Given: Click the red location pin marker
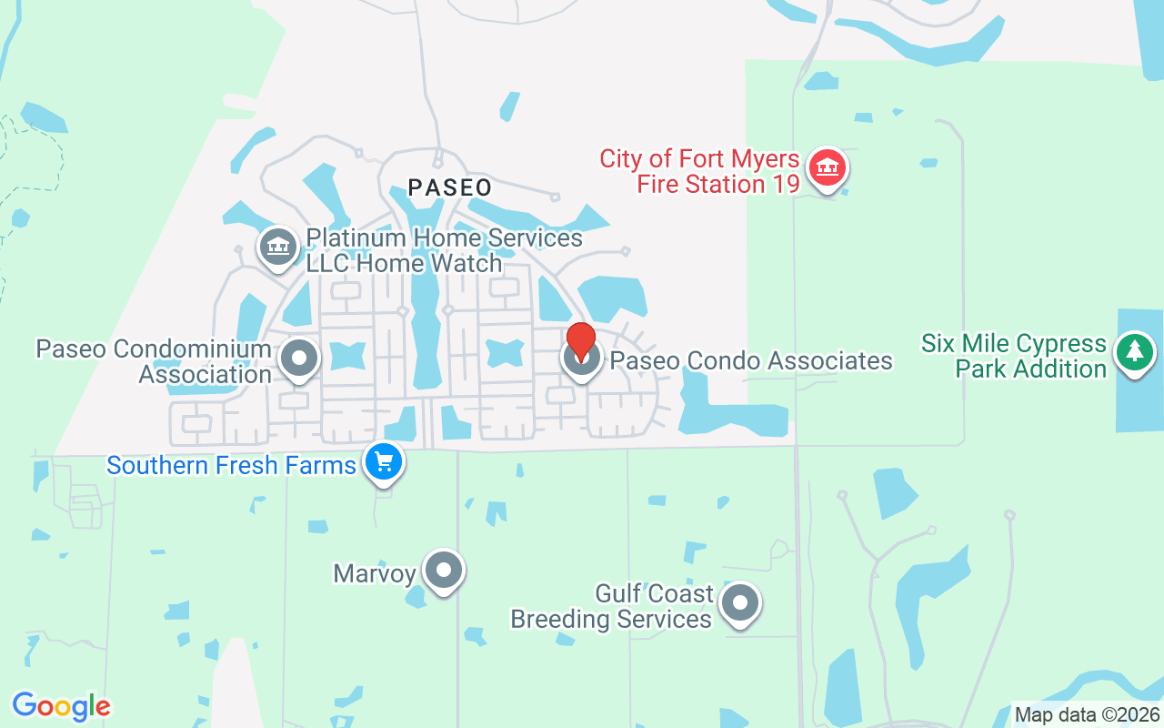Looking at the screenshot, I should tap(580, 340).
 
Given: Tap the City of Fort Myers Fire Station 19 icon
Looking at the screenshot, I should tap(827, 168).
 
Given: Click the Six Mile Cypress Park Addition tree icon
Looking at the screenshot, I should tap(1134, 352).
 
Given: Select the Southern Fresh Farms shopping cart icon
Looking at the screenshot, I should tap(384, 462).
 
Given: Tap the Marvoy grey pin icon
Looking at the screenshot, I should tap(444, 571).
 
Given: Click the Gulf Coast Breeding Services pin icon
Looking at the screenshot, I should tap(740, 602).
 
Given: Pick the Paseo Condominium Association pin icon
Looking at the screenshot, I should tap(298, 359).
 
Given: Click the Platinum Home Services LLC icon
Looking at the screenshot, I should tap(277, 247).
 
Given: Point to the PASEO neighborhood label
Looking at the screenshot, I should tap(450, 188).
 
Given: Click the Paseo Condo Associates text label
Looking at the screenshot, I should tap(751, 361).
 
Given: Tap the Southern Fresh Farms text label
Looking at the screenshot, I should tap(231, 466).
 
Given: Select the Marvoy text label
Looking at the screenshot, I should tap(374, 574).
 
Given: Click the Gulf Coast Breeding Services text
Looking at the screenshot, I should tap(611, 607).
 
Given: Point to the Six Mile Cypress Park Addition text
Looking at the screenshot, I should tap(1013, 357).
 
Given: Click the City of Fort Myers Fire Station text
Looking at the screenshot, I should tap(699, 172).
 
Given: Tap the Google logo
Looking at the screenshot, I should tap(61, 706).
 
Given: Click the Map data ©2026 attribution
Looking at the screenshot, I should tap(1087, 714).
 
